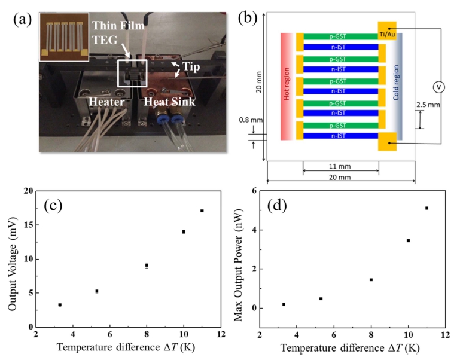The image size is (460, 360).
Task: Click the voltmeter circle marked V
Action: pyautogui.click(x=439, y=87)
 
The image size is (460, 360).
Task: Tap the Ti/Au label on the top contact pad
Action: pyautogui.click(x=387, y=35)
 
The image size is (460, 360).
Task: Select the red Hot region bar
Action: pyautogui.click(x=287, y=86)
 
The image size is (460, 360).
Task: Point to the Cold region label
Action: pyautogui.click(x=396, y=83)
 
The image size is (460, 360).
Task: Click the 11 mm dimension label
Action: pyautogui.click(x=340, y=166)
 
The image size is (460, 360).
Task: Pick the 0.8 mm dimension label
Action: pyautogui.click(x=251, y=120)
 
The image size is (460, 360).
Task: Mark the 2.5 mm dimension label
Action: pyautogui.click(x=428, y=105)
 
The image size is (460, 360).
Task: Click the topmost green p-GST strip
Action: pyautogui.click(x=340, y=36)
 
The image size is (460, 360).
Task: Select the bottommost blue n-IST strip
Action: pyautogui.click(x=340, y=136)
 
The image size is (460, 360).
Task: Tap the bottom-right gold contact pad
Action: pyautogui.click(x=387, y=141)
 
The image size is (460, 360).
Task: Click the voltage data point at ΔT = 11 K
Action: pyautogui.click(x=202, y=210)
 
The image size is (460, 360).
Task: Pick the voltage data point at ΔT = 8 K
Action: pyautogui.click(x=147, y=265)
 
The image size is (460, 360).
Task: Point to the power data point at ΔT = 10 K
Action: pyautogui.click(x=408, y=240)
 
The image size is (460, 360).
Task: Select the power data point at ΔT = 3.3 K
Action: pyautogui.click(x=284, y=304)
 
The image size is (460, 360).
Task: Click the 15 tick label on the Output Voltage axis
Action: pyautogui.click(x=28, y=225)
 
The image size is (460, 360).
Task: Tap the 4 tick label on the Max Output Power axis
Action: pyautogui.click(x=254, y=230)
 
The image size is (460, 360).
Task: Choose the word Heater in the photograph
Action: pyautogui.click(x=106, y=102)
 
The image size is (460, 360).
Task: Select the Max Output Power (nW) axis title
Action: pyautogui.click(x=238, y=265)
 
